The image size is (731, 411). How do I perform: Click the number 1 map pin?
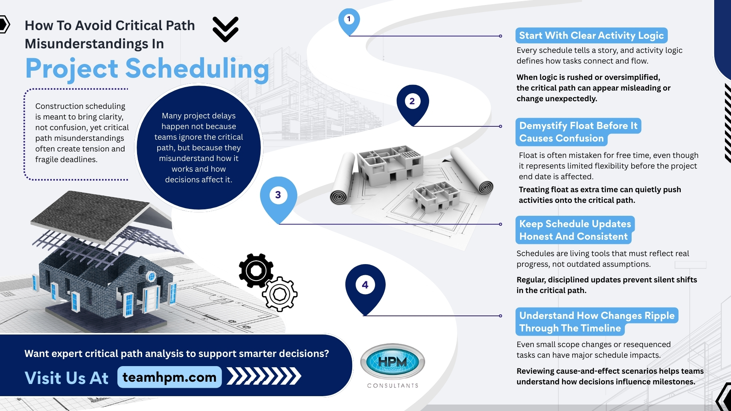[x=349, y=20]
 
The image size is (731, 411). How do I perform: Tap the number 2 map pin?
[x=412, y=102]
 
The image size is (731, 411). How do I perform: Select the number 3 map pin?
[x=278, y=196]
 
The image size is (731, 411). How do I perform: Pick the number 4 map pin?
[x=365, y=286]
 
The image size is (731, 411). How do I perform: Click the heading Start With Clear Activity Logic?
[x=591, y=35]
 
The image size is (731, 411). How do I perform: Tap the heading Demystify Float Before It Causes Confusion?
[x=578, y=132]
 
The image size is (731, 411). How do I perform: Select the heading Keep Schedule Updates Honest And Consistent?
[x=575, y=230]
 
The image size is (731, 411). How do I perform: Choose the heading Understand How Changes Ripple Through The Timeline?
[x=596, y=322]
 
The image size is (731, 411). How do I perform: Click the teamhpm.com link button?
[x=169, y=377]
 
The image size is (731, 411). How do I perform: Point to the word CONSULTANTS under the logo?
[x=393, y=386]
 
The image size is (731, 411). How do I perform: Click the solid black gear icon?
[x=256, y=271]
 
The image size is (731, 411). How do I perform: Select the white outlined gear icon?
[x=280, y=294]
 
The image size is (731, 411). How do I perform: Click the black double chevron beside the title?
[x=225, y=29]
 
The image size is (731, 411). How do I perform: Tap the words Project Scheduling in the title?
[x=147, y=69]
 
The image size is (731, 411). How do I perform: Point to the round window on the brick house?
[x=151, y=276]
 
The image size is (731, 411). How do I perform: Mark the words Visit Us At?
[x=67, y=378]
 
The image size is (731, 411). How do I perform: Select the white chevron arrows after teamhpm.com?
[x=264, y=376]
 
